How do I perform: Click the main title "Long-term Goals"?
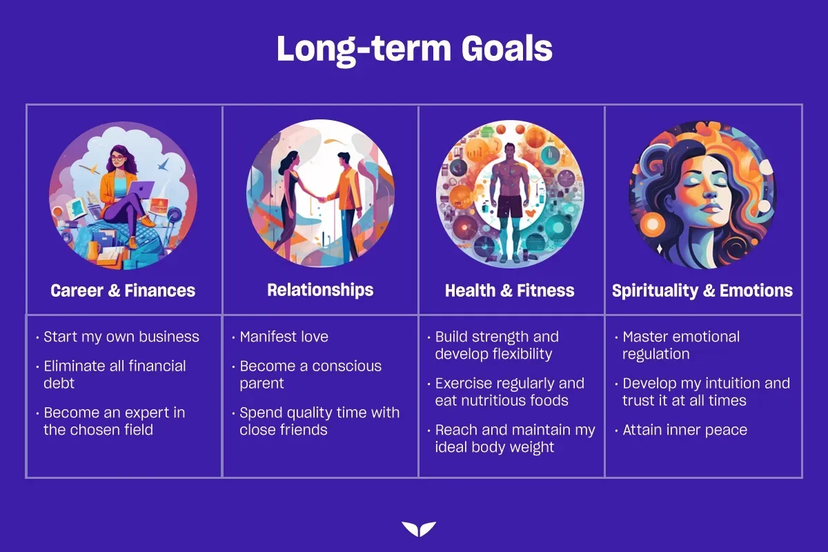(x=415, y=50)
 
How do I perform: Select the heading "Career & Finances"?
(x=123, y=290)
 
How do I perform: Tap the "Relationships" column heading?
(x=320, y=290)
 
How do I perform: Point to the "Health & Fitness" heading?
(x=509, y=290)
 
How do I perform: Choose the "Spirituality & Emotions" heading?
(x=702, y=290)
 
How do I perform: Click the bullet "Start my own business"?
(x=121, y=337)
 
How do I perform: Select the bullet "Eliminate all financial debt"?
(x=115, y=375)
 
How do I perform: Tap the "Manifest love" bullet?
(x=284, y=337)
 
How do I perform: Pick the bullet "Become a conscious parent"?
(x=310, y=375)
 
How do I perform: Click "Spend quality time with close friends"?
(x=319, y=421)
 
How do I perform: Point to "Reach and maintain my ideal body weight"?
(x=515, y=438)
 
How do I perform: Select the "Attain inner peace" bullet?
(x=684, y=430)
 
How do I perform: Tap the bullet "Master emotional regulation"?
(x=681, y=345)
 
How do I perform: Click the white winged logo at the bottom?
(x=419, y=529)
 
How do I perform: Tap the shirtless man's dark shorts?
(x=510, y=206)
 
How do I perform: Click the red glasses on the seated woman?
(x=117, y=158)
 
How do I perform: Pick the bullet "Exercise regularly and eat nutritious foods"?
(x=509, y=392)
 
